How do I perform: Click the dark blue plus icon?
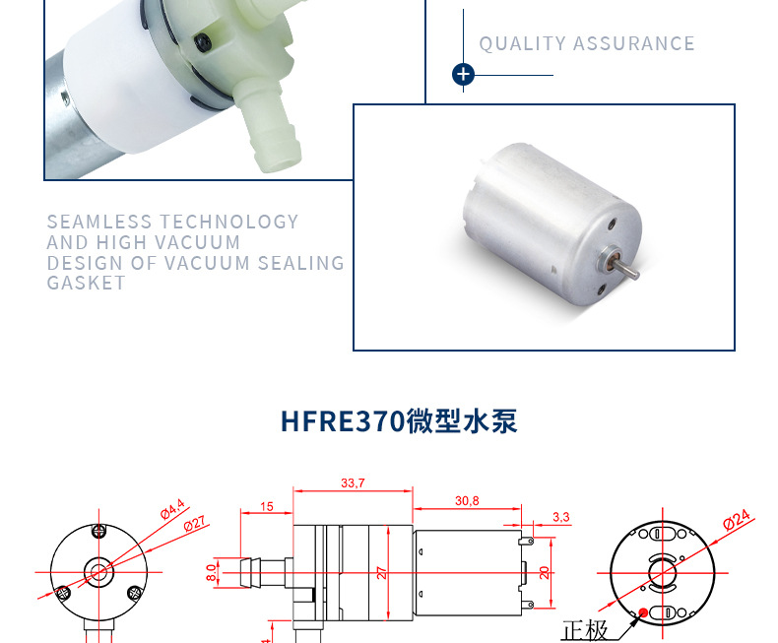pyautogui.click(x=463, y=75)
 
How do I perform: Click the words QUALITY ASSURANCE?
pyautogui.click(x=587, y=44)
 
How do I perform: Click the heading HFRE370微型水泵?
pyautogui.click(x=399, y=421)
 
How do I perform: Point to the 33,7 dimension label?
pyautogui.click(x=353, y=483)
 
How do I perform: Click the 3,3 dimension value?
pyautogui.click(x=561, y=516)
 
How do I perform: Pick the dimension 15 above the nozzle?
pyautogui.click(x=267, y=506)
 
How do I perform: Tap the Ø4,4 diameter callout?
pyautogui.click(x=173, y=509)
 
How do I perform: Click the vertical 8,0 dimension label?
pyautogui.click(x=212, y=572)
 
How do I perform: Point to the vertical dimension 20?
pyautogui.click(x=542, y=572)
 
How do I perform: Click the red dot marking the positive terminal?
pyautogui.click(x=643, y=612)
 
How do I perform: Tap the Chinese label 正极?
pyautogui.click(x=585, y=630)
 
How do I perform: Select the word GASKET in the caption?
pyautogui.click(x=87, y=283)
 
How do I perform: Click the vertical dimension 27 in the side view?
pyautogui.click(x=380, y=572)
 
